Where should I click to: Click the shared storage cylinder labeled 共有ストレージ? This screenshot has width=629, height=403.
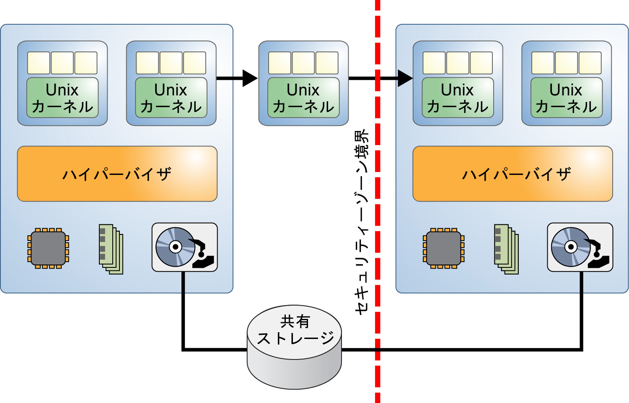pyautogui.click(x=295, y=347)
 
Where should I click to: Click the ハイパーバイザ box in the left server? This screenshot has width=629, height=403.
pyautogui.click(x=117, y=174)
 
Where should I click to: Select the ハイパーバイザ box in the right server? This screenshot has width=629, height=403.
pyautogui.click(x=513, y=174)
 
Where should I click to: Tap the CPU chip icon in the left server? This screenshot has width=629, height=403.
pyautogui.click(x=48, y=248)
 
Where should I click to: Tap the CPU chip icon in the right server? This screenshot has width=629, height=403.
pyautogui.click(x=444, y=248)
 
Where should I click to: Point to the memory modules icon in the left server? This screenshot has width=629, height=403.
pyautogui.click(x=111, y=249)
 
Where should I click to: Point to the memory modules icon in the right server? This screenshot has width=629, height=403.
pyautogui.click(x=507, y=249)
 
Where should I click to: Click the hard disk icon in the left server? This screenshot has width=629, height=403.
pyautogui.click(x=184, y=247)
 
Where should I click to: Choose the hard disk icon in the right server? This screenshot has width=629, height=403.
pyautogui.click(x=580, y=247)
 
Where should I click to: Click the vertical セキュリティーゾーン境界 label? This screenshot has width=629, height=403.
pyautogui.click(x=362, y=222)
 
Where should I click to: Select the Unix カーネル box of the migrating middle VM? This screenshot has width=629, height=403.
pyautogui.click(x=303, y=98)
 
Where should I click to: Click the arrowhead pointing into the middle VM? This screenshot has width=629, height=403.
pyautogui.click(x=250, y=78)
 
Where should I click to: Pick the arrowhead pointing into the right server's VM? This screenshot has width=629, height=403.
pyautogui.click(x=405, y=78)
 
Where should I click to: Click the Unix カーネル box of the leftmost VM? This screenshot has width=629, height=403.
pyautogui.click(x=62, y=98)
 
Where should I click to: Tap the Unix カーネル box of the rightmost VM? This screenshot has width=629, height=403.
pyautogui.click(x=567, y=98)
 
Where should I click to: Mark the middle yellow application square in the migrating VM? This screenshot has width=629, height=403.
pyautogui.click(x=303, y=63)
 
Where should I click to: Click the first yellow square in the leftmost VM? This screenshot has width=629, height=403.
pyautogui.click(x=39, y=63)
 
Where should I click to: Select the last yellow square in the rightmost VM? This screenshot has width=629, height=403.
pyautogui.click(x=590, y=63)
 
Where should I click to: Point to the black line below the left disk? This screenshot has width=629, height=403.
pyautogui.click(x=184, y=310)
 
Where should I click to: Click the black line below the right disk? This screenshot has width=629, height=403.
pyautogui.click(x=582, y=310)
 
